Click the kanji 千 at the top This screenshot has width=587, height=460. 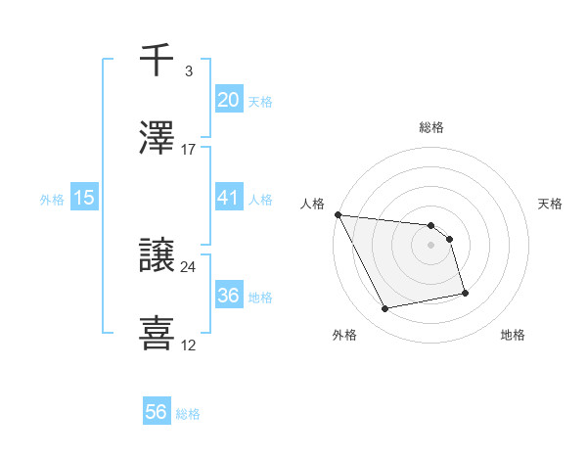pos(158,62)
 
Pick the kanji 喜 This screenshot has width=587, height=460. pos(158,332)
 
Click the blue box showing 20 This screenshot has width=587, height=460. pos(228,99)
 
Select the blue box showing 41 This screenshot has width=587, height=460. pos(228,198)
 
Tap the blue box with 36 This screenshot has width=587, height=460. pos(228,296)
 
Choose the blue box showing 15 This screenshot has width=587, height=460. pos(84,198)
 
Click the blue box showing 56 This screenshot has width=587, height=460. pos(156,412)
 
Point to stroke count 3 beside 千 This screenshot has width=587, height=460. pos(189,71)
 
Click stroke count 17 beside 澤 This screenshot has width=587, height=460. pos(189,150)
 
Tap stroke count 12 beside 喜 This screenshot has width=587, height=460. pos(189,345)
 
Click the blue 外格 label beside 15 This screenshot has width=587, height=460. pos(52,199)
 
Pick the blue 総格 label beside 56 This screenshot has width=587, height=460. pos(188,414)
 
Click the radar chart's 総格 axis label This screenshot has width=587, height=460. pos(431,127)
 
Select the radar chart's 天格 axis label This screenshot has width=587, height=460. pos(550,204)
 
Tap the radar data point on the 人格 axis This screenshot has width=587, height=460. pos(338,214)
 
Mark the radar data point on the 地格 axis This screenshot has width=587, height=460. pos(465,292)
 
